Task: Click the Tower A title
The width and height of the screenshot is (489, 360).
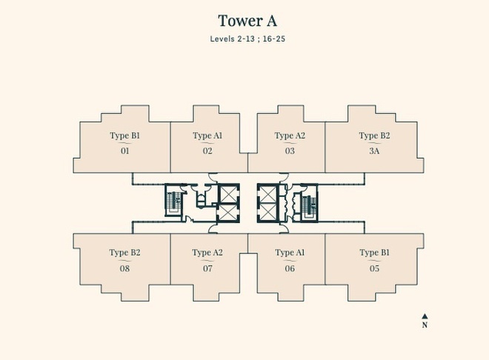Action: (x=247, y=21)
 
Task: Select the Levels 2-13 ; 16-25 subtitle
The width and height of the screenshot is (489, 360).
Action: (x=247, y=39)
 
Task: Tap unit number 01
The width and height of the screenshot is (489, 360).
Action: (x=124, y=151)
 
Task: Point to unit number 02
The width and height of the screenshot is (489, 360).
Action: (x=207, y=151)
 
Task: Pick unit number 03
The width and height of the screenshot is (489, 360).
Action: (x=290, y=151)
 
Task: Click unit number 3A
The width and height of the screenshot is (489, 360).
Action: (x=374, y=151)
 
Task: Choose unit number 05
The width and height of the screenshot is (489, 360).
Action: (x=374, y=268)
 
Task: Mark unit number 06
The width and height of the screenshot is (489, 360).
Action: (x=290, y=268)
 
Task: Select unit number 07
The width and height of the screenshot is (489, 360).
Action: (x=207, y=268)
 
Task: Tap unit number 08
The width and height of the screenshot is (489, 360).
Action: (x=124, y=268)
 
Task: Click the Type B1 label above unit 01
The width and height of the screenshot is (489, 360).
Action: (x=124, y=136)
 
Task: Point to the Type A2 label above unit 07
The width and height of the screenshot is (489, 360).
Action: (x=207, y=253)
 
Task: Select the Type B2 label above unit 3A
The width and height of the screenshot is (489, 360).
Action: (x=374, y=136)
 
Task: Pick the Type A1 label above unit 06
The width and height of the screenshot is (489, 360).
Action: (x=290, y=253)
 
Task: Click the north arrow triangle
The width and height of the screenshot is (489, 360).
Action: (x=425, y=316)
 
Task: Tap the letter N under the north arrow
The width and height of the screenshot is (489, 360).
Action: (x=425, y=324)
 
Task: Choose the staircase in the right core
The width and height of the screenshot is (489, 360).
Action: (x=309, y=204)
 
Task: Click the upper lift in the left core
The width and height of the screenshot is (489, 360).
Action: (x=228, y=193)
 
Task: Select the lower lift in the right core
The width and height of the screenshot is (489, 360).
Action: (x=267, y=212)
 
